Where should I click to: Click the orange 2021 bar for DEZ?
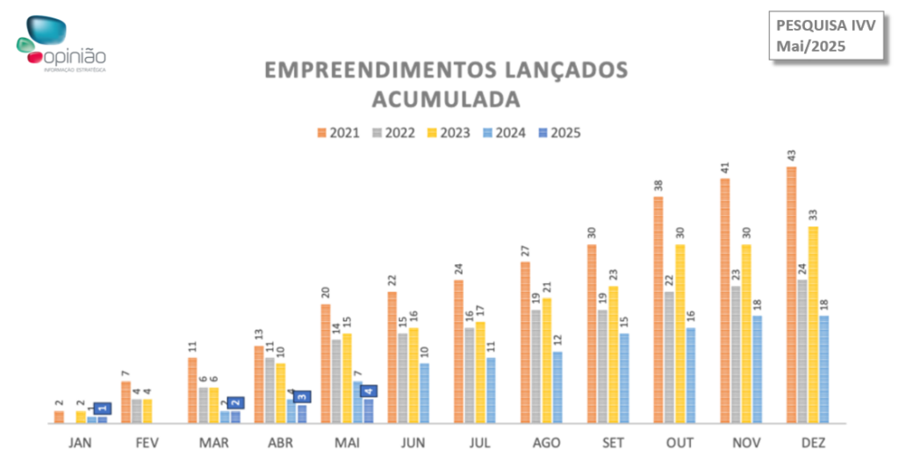click(x=792, y=295)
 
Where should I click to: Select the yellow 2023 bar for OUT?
click(x=680, y=333)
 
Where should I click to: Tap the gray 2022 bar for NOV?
click(x=736, y=354)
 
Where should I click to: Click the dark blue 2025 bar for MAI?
click(x=369, y=411)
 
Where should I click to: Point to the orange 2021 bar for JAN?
click(x=59, y=417)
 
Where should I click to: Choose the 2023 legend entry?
click(x=449, y=133)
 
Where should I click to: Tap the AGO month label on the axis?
click(x=547, y=443)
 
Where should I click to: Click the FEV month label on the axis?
click(x=147, y=443)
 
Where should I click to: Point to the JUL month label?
click(x=480, y=443)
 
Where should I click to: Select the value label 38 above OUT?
click(x=658, y=185)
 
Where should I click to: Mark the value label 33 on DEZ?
click(x=813, y=215)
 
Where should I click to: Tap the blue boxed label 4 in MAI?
click(x=369, y=391)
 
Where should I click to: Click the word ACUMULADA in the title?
click(x=446, y=97)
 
